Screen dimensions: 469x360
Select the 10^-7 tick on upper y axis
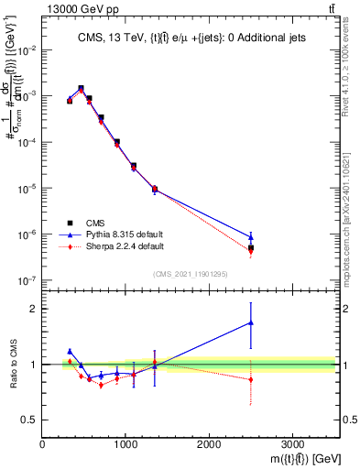click(x=27, y=280)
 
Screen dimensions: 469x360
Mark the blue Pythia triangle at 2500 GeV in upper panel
click(x=251, y=237)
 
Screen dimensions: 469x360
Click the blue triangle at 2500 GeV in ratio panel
click(x=251, y=322)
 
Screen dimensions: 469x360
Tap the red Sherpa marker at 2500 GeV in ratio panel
click(x=251, y=379)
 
